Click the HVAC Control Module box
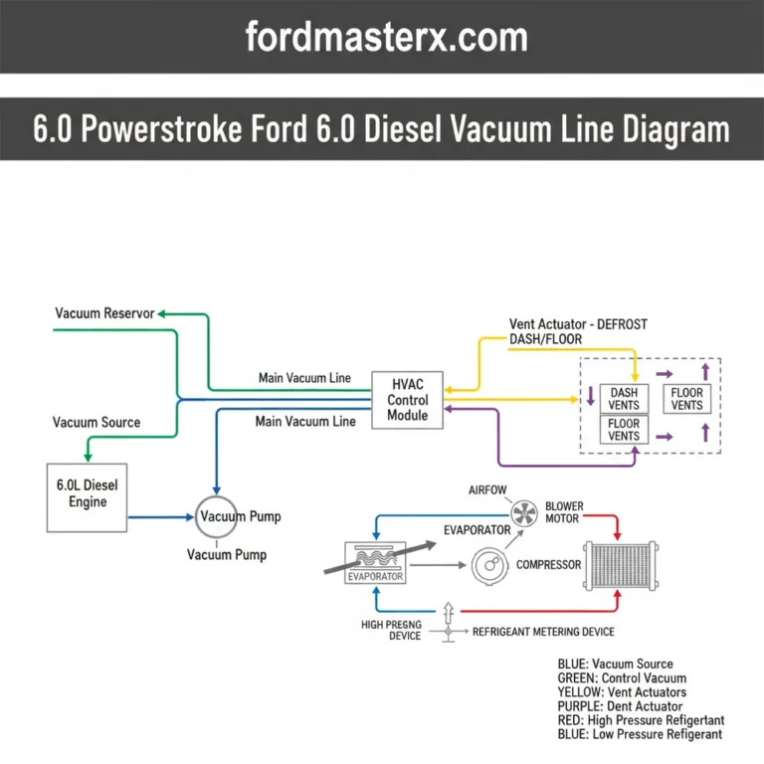(408, 400)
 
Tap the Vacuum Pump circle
(216, 516)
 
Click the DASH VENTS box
(625, 399)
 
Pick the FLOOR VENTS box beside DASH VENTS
(687, 399)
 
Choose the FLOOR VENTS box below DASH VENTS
(625, 430)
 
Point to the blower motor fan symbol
(522, 513)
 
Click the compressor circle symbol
(489, 566)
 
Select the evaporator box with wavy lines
(374, 564)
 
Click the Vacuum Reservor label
(104, 313)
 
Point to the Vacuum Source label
(96, 422)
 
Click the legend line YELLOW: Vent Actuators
(622, 692)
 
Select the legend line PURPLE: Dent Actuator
(620, 706)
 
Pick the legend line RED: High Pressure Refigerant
(641, 720)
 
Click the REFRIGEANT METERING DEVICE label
(543, 632)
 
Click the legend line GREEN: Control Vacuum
(622, 678)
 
